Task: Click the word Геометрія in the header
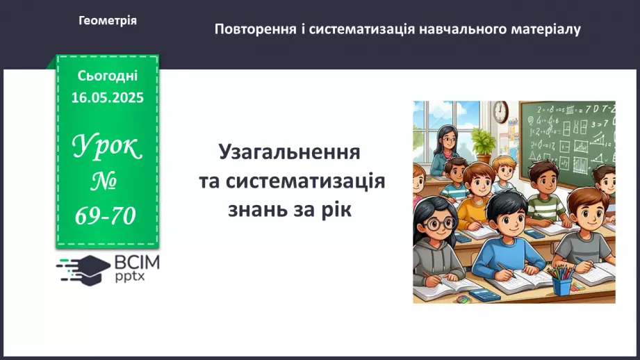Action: coord(108,21)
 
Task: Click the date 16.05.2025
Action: coord(108,98)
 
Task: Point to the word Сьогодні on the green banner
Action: coord(108,76)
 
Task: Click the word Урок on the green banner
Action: coord(107,147)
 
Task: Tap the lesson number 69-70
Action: coord(106,217)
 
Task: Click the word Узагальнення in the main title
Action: coord(290,152)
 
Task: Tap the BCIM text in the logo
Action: coord(137,263)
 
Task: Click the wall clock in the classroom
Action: coord(501,111)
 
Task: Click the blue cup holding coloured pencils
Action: coord(561,284)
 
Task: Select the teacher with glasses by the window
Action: coord(445,148)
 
